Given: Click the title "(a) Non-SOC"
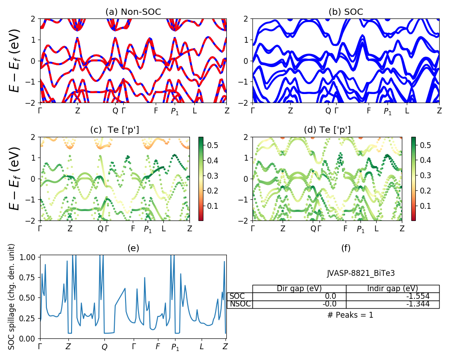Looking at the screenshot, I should point(133,12).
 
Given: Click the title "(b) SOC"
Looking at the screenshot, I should point(346,12).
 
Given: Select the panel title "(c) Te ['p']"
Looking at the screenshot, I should point(114,130).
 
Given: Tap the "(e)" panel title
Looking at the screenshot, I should point(133,248).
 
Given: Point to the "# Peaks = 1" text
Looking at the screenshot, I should point(350,315).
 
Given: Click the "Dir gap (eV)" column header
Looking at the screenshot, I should point(299,288).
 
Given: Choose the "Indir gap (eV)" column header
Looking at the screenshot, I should point(392,288).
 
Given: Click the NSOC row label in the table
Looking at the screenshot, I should point(240,304).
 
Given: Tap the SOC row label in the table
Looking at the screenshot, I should point(237,296).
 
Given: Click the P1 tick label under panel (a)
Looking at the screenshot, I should point(175,111).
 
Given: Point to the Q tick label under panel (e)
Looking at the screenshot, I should point(104,347).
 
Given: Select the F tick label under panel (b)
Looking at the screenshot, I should point(369,110).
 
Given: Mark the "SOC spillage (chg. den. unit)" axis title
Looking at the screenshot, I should point(12,296).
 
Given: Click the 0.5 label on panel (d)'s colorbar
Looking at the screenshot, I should point(424,145).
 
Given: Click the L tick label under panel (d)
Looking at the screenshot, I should point(376,229).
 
